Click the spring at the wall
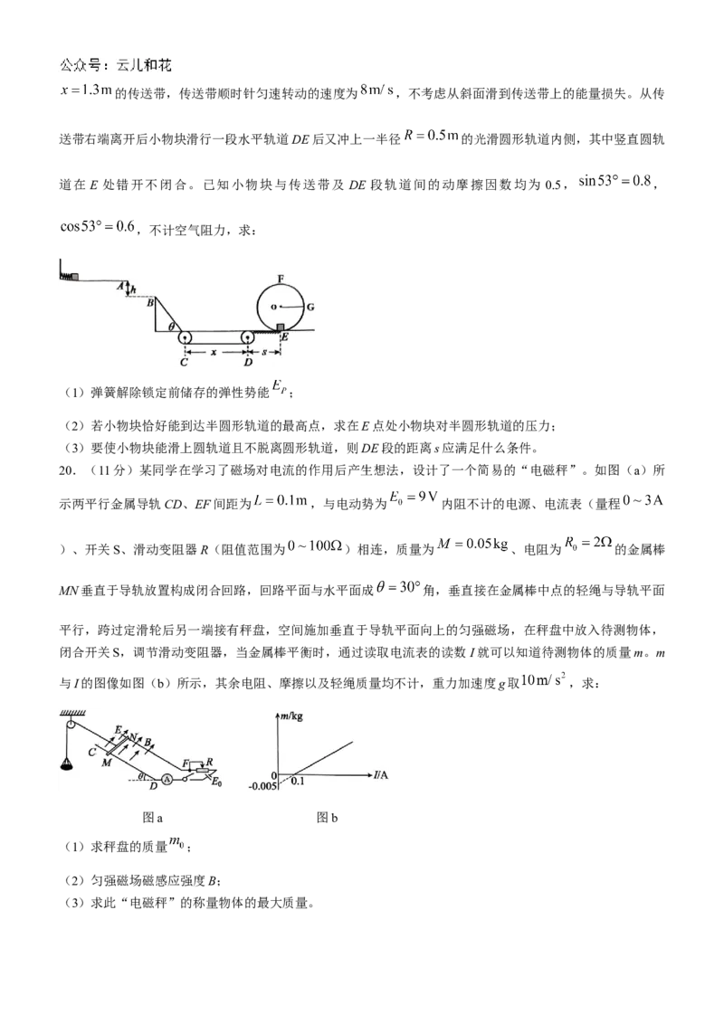pos(66,276)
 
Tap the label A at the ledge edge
pos(121,285)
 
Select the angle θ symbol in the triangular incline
pos(171,326)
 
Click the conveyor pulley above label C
pos(185,337)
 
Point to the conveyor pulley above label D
pos(248,337)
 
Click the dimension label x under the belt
pos(213,352)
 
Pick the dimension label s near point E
pos(264,352)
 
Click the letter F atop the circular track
pos(281,279)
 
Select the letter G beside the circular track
pos(310,307)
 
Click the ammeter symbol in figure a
pos(167,779)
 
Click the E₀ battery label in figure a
pos(216,782)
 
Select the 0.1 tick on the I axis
pos(298,781)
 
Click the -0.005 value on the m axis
pos(262,786)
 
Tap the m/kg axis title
pos(292,716)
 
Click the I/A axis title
pos(381,775)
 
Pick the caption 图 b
pos(327,818)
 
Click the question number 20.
pos(66,470)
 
